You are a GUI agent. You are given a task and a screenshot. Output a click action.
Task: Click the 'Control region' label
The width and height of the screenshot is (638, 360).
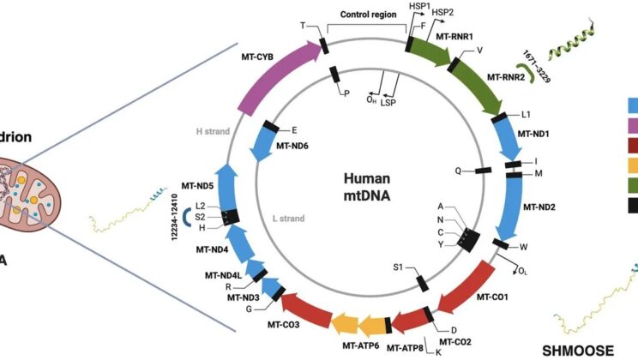[x=364, y=15]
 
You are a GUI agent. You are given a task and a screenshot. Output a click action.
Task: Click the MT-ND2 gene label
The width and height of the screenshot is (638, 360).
[x=536, y=207]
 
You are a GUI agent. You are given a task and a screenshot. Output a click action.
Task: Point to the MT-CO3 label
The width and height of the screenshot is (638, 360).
[x=249, y=325]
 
